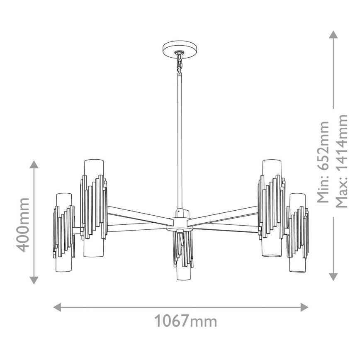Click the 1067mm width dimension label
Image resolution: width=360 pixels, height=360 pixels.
(185, 321)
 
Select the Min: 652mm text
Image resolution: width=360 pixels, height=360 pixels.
(323, 162)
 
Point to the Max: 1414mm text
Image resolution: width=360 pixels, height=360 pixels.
(343, 162)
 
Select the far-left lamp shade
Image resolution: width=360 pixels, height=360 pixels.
(64, 232)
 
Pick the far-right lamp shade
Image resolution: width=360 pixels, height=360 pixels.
(298, 232)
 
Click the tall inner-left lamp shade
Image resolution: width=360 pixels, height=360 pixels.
(93, 207)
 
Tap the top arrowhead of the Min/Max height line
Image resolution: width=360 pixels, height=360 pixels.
(333, 34)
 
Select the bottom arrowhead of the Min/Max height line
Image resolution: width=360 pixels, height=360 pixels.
(333, 277)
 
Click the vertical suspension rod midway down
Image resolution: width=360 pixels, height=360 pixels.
(180, 141)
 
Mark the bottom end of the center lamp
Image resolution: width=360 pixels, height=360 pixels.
(183, 279)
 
